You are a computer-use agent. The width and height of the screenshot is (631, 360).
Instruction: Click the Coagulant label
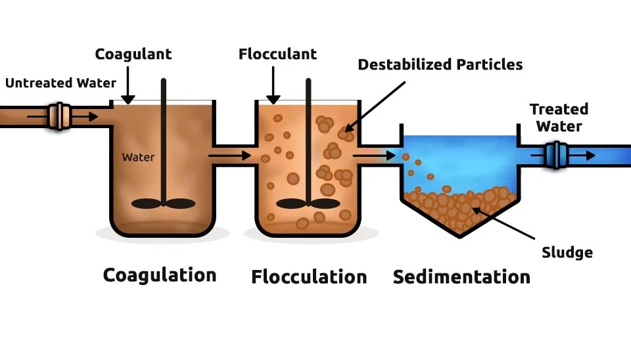point(133,54)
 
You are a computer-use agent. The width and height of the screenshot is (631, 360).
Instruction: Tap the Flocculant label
point(277,54)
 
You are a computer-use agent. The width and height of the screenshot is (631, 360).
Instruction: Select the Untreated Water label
point(60,83)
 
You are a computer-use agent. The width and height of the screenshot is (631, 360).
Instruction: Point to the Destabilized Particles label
point(440,64)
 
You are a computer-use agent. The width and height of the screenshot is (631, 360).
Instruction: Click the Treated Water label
point(559,117)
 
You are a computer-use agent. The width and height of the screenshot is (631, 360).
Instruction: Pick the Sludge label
point(567,252)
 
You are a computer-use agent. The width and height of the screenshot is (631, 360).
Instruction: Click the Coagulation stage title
point(160,275)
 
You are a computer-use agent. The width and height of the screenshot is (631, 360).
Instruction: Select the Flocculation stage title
point(309,277)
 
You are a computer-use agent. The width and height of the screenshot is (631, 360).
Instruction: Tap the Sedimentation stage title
point(461,277)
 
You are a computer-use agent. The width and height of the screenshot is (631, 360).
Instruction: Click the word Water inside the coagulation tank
point(138,158)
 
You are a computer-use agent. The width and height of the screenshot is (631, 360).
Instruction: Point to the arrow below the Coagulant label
point(128,85)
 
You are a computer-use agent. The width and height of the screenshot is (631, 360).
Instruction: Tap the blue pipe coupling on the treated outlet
point(556,155)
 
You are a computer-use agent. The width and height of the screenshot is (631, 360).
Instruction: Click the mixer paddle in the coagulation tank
point(164,203)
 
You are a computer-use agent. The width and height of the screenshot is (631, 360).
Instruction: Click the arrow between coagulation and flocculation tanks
point(229,156)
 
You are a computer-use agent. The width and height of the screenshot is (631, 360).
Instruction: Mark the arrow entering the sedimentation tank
point(374,156)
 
